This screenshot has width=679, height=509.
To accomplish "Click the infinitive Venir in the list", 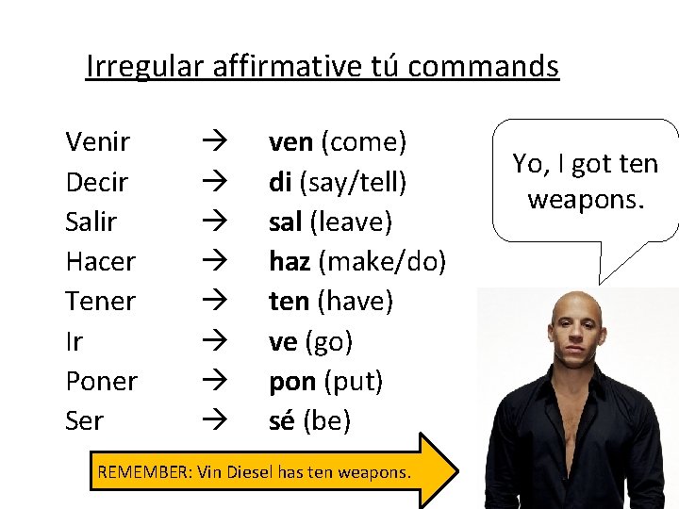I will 98,142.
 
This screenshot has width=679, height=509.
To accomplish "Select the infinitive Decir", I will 97,182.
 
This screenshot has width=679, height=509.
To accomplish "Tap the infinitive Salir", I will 91,222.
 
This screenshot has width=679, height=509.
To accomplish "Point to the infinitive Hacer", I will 100,262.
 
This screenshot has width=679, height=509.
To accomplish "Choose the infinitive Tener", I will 100,302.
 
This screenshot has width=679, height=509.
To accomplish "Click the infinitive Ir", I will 74,341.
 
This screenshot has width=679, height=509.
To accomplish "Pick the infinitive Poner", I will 101,381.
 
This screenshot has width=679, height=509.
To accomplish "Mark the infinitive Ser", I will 84,420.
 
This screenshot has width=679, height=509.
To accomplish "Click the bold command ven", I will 290,142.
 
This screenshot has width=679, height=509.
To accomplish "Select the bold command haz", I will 290,262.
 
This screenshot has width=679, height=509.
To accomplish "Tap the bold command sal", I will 286,222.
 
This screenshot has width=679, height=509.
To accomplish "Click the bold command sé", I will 281,420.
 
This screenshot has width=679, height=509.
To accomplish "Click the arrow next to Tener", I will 209,302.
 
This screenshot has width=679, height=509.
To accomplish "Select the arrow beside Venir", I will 209,142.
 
